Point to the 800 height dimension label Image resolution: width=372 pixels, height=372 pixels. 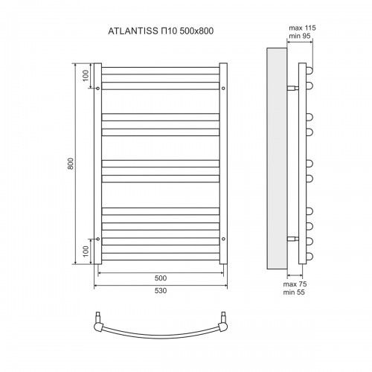point(71,164)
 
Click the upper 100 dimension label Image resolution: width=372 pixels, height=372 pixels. point(86,76)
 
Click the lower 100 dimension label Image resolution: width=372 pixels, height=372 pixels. point(86,251)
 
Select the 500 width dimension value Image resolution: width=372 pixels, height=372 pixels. point(161,278)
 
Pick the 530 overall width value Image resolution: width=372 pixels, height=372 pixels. point(161,291)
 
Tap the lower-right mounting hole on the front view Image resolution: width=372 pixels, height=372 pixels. point(224,239)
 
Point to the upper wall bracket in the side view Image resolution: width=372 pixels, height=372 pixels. point(292,88)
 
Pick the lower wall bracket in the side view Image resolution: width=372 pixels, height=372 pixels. point(292,239)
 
